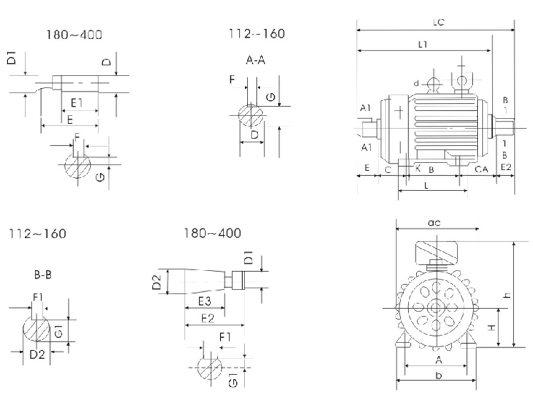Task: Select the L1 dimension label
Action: coord(424,44)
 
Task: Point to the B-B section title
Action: coord(42,275)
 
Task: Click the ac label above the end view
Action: coord(434,223)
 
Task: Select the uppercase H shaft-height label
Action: coord(493,327)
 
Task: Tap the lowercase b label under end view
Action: coord(438,376)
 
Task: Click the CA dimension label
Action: coord(481,170)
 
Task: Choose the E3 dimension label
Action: coord(205,300)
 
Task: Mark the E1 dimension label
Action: coord(77,103)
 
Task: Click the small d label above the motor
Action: coord(417,82)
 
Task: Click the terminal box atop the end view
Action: coord(437,251)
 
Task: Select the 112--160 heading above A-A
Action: coord(256,34)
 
